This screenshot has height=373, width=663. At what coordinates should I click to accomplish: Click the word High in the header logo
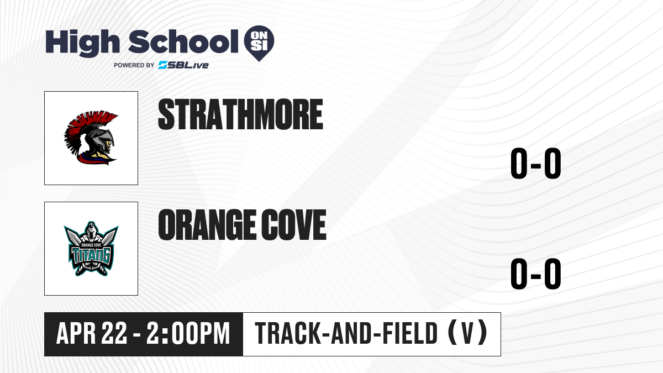point(83,43)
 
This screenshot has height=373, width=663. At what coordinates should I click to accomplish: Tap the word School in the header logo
point(183,41)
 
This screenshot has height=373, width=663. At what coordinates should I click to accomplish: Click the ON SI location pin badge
point(259,43)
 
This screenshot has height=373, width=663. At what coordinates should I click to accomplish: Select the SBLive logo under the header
point(183,65)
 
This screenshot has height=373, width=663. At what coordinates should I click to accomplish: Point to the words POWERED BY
point(134,65)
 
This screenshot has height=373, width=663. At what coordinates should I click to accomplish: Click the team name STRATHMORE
point(240,114)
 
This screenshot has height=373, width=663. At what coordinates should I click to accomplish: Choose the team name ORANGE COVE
point(242,224)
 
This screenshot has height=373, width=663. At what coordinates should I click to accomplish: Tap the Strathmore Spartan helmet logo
point(91,138)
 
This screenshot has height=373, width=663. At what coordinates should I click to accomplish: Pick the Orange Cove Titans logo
point(91,249)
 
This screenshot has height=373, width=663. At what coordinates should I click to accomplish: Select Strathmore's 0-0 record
point(536,164)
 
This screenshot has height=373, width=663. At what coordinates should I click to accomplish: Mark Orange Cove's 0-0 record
point(536,274)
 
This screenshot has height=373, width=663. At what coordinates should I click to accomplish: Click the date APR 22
point(92,333)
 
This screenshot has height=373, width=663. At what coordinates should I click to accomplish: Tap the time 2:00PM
point(188,333)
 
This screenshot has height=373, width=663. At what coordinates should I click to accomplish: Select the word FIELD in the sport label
point(410,333)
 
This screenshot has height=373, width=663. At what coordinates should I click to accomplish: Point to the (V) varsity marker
point(467,333)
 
